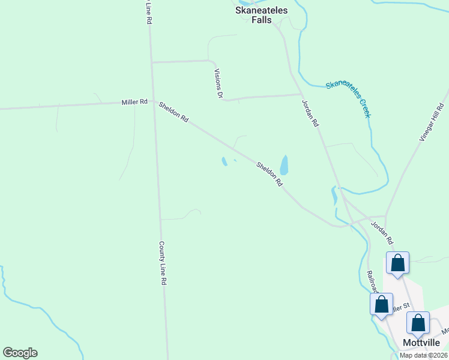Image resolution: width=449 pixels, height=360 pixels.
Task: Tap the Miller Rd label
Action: [134, 102]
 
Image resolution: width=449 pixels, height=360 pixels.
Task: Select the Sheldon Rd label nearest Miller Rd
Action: [173, 112]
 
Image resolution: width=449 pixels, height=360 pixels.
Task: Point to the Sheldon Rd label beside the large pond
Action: [270, 173]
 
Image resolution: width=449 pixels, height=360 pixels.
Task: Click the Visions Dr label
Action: [218, 83]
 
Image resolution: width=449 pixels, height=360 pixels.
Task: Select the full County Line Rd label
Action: [162, 263]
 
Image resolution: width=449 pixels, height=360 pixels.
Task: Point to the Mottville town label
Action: [422, 343]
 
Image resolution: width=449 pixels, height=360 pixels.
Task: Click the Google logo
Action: [20, 353]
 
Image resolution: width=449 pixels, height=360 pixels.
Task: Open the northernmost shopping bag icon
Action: [397, 263]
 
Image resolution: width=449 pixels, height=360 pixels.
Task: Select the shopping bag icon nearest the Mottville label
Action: [418, 323]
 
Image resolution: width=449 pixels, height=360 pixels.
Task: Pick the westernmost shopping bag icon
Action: [381, 304]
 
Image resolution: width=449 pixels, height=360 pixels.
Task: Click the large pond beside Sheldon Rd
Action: [284, 165]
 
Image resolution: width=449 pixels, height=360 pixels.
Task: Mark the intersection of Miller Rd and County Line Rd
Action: [154, 101]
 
